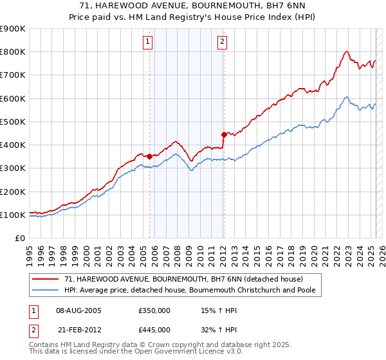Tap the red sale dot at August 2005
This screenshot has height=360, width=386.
[x=149, y=156]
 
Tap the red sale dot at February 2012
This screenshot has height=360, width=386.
[x=224, y=134]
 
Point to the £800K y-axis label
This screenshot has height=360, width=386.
[x=12, y=51]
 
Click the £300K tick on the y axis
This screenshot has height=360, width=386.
[x=12, y=168]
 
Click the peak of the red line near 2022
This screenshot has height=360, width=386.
[x=347, y=51]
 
